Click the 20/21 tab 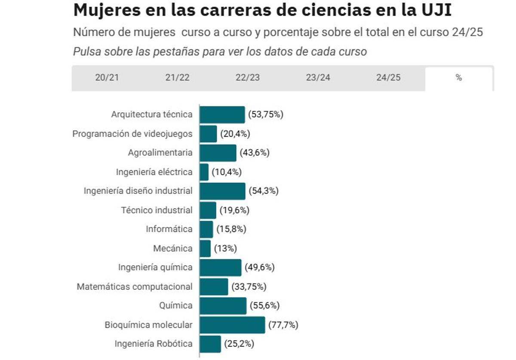point(107,78)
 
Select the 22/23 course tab point(248,78)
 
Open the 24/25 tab point(388,78)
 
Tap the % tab point(459,78)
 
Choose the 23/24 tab point(318,78)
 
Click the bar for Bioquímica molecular point(232,325)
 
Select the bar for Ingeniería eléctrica point(204,172)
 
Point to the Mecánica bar point(205,249)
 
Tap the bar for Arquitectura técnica point(222,115)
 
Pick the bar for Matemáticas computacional point(214,286)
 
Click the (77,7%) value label point(283,325)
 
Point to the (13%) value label point(225,249)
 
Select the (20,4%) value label point(235,134)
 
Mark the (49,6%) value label point(260,268)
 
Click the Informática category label point(169,229)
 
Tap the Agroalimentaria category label point(160,153)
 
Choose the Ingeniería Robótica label point(154,344)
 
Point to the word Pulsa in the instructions point(86,52)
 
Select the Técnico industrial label point(157,210)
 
